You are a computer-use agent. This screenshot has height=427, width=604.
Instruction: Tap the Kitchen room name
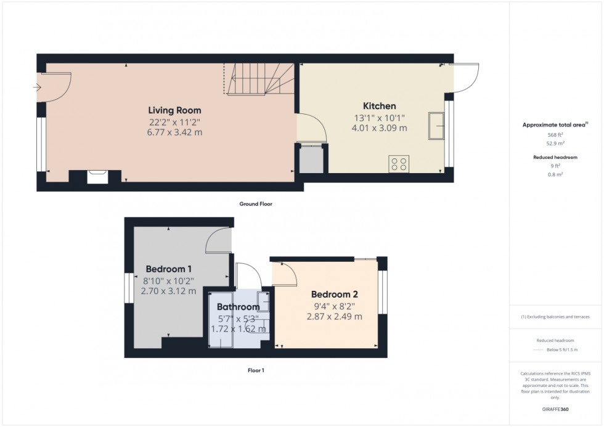click(379, 106)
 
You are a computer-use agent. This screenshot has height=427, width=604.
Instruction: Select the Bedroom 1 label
click(168, 269)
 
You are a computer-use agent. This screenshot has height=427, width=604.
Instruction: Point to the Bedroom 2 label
click(333, 293)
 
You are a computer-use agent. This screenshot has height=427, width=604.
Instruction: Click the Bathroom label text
click(237, 307)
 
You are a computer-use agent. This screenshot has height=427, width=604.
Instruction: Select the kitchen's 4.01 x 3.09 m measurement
click(379, 128)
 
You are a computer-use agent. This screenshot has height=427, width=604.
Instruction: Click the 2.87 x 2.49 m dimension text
click(333, 316)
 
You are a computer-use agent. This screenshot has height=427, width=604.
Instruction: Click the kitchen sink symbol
click(437, 126)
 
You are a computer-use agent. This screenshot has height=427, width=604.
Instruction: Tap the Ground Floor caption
click(256, 203)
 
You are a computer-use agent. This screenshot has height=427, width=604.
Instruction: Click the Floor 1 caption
click(255, 370)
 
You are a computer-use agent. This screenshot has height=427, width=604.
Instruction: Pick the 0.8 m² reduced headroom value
click(556, 174)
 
